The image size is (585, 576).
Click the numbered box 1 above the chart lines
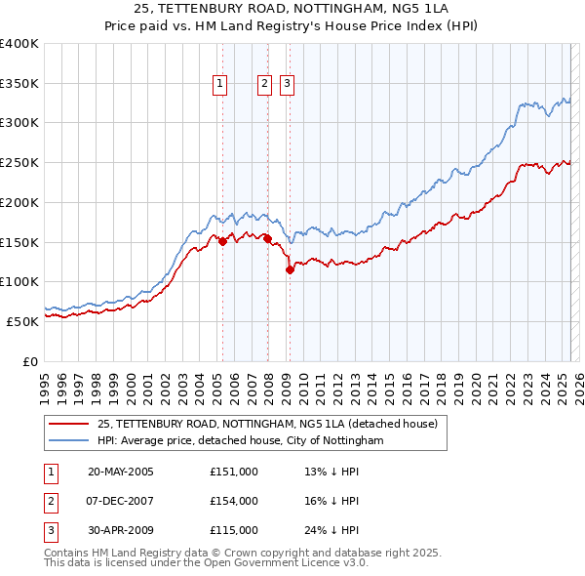click(219, 85)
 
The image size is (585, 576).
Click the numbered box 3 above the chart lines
click(288, 85)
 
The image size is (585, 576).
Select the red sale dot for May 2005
click(222, 242)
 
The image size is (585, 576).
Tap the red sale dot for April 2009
click(290, 270)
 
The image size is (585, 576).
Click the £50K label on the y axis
click(23, 320)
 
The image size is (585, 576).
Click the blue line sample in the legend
click(69, 441)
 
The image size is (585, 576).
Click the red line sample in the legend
click(69, 424)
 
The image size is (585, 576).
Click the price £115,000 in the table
click(233, 530)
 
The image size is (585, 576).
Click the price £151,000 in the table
click(233, 472)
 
